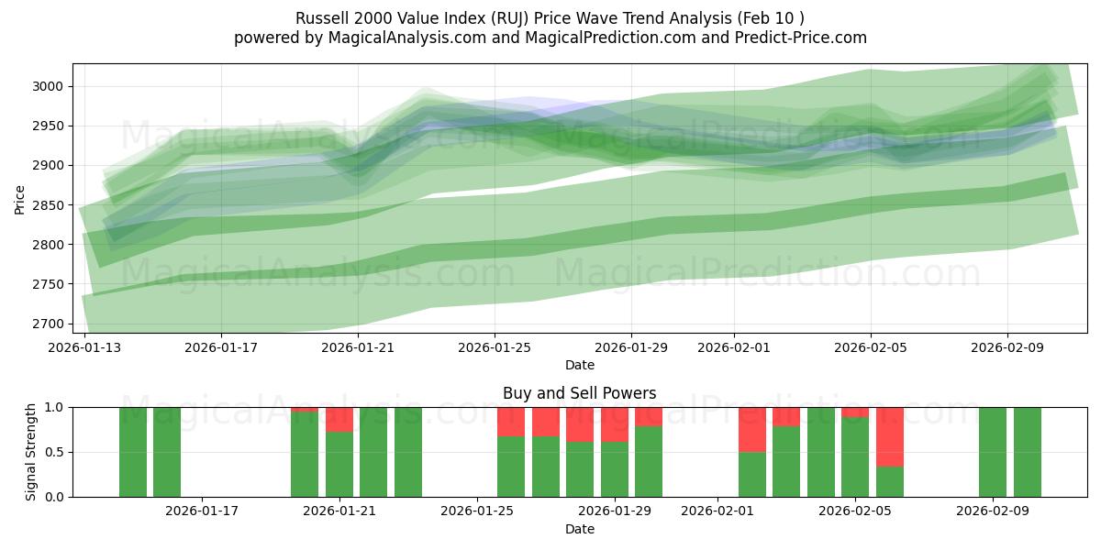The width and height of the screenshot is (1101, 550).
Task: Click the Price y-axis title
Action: click(19, 198)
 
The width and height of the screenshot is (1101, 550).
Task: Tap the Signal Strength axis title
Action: click(30, 451)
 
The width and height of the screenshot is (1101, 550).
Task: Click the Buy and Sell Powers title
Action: click(579, 393)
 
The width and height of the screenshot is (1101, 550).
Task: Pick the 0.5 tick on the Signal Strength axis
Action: click(56, 452)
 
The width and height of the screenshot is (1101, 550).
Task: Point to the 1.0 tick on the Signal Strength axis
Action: click(56, 407)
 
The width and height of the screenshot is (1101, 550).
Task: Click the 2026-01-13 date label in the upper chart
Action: click(84, 347)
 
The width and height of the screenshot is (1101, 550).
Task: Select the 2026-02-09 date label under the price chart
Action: click(1007, 347)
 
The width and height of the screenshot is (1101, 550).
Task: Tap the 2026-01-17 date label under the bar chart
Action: click(202, 511)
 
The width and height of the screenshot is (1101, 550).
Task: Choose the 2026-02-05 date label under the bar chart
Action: click(855, 511)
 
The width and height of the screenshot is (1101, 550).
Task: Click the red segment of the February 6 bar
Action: click(890, 436)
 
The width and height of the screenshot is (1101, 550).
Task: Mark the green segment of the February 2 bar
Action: click(752, 474)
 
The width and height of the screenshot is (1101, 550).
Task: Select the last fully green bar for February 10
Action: click(1028, 452)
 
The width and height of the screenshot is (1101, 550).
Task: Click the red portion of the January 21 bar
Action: click(339, 419)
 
